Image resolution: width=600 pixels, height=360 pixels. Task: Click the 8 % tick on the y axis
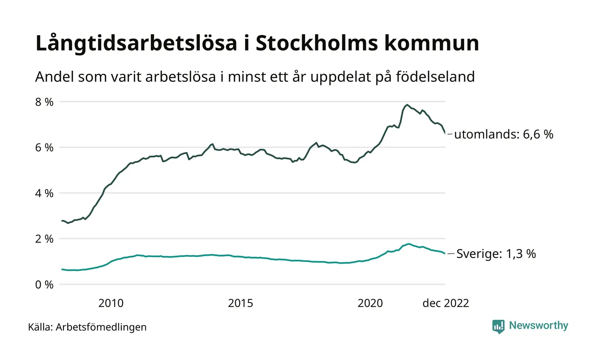click(45, 102)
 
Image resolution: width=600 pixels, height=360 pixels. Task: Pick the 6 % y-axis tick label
click(45, 147)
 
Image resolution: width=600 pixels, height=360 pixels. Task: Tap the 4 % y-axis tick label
click(45, 193)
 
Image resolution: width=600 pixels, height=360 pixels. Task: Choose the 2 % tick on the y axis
click(45, 239)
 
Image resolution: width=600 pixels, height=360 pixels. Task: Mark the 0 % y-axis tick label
click(45, 285)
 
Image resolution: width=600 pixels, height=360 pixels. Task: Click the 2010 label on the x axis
click(111, 303)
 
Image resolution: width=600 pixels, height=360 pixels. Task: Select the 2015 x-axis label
click(240, 303)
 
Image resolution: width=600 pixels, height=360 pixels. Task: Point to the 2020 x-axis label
click(370, 303)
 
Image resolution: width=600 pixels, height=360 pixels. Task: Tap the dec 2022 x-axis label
click(446, 303)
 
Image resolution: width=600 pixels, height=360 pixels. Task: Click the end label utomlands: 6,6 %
click(504, 135)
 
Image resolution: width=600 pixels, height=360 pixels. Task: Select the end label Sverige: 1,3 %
click(496, 254)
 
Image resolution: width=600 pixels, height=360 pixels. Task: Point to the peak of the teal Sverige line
click(409, 244)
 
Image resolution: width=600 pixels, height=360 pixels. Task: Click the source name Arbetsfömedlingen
click(101, 327)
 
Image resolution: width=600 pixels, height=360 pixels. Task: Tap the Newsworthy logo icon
click(498, 327)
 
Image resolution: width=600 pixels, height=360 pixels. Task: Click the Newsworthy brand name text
click(538, 326)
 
